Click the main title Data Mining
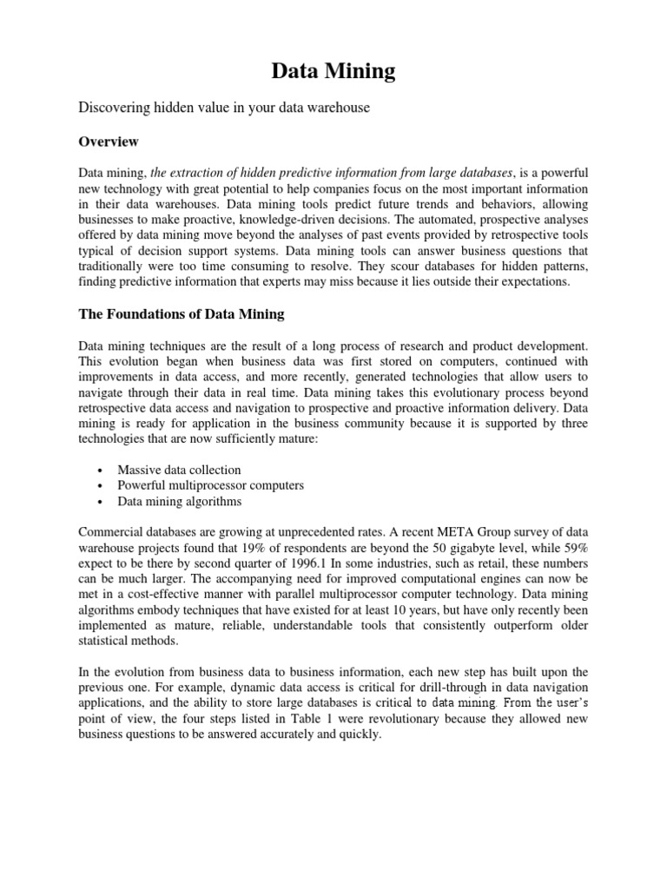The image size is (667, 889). click(x=333, y=71)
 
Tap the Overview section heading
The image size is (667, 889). click(x=109, y=141)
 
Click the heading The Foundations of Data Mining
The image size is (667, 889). click(x=182, y=313)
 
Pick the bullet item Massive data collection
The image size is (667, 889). click(x=179, y=470)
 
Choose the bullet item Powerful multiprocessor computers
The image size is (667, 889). click(x=210, y=485)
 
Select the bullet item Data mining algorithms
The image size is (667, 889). click(x=180, y=501)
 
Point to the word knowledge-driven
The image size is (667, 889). click(x=327, y=219)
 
